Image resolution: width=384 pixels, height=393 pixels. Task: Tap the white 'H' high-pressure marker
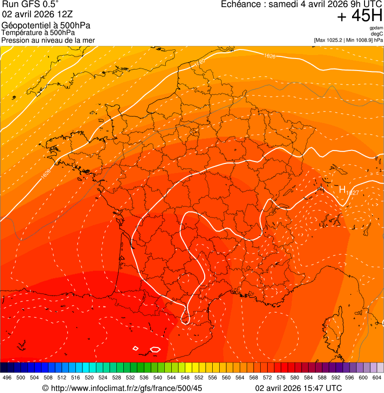343,189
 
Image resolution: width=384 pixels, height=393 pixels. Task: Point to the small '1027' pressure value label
353,192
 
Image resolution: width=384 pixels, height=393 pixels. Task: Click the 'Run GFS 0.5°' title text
30,4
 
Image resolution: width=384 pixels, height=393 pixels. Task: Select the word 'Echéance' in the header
243,4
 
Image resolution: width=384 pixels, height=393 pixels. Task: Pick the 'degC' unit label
377,34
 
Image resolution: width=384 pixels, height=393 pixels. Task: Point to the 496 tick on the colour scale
7,378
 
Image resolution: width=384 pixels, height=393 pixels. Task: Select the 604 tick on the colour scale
377,378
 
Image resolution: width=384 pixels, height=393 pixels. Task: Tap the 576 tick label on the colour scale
281,378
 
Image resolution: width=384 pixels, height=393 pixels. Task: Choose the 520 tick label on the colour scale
89,378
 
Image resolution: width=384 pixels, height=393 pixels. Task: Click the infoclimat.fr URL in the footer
127,388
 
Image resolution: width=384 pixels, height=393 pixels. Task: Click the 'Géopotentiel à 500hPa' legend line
46,25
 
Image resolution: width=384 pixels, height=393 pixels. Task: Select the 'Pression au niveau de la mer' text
48,40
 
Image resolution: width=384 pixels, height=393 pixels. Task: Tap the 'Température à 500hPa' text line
38,33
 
